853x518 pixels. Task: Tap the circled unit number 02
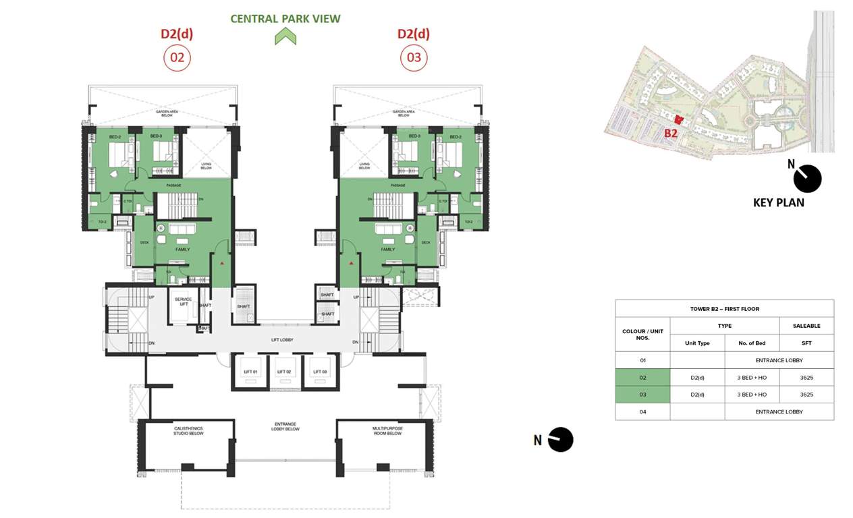177,58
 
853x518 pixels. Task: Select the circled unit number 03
414,58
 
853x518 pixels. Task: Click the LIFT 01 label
251,372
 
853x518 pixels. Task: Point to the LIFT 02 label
284,372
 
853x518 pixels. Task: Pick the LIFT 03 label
319,372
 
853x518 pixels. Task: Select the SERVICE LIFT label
183,301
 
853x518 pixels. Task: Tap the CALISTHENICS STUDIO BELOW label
186,431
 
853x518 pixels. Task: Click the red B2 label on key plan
670,134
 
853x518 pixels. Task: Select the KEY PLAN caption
778,202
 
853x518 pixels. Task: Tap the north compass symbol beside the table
560,440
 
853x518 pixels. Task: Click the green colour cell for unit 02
642,377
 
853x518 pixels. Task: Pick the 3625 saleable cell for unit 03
806,395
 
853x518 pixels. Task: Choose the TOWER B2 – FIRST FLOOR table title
724,309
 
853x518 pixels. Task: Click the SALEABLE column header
806,326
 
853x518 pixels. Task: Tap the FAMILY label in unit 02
182,250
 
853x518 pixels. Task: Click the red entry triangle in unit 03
351,262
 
